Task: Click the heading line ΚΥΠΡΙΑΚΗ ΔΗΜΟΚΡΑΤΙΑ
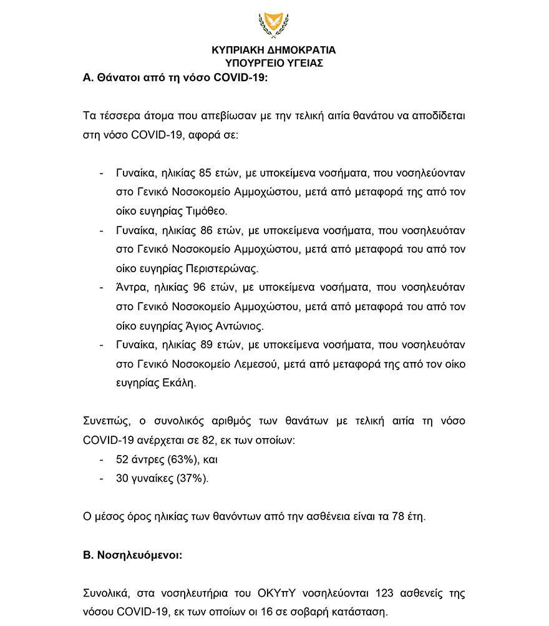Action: [274, 51]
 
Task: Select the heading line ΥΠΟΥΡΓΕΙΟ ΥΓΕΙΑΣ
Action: [274, 63]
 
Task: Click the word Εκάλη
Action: [182, 383]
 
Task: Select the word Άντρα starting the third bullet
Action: [129, 288]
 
